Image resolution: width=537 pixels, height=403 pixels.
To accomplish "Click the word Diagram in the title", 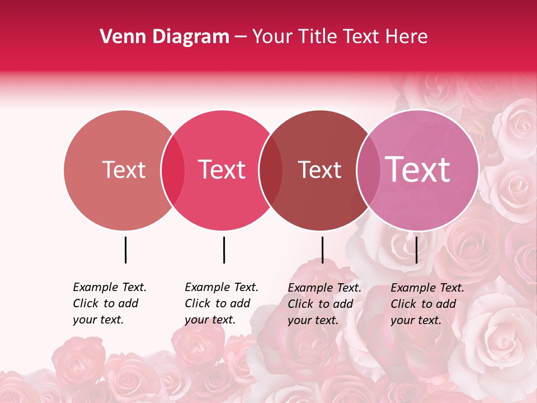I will click(190, 37).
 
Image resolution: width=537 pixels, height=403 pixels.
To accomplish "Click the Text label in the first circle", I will click(124, 170).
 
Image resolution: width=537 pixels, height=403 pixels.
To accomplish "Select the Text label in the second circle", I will click(222, 170).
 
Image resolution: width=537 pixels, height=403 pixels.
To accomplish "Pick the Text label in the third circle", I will click(320, 170).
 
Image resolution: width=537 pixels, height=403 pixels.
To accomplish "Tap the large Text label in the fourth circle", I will click(418, 170).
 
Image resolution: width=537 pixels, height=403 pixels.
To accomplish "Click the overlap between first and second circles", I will click(173, 170).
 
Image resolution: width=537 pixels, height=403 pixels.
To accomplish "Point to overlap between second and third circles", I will click(271, 170).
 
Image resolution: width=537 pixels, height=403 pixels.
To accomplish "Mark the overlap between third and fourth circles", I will click(368, 170).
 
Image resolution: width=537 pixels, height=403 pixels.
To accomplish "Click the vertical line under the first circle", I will click(125, 250).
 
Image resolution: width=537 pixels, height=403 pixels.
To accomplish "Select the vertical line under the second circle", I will click(224, 250).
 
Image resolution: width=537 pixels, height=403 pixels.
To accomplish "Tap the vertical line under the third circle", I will click(322, 250).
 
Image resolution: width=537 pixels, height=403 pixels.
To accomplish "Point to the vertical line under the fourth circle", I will click(416, 250).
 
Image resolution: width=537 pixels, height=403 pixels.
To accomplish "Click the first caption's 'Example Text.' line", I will click(110, 287).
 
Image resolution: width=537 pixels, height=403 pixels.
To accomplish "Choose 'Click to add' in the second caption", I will click(217, 303).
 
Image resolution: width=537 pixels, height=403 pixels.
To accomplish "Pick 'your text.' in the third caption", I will click(313, 320).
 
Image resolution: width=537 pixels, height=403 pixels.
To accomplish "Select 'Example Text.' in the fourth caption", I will click(427, 288).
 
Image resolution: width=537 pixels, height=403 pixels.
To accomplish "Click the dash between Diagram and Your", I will click(241, 38).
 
